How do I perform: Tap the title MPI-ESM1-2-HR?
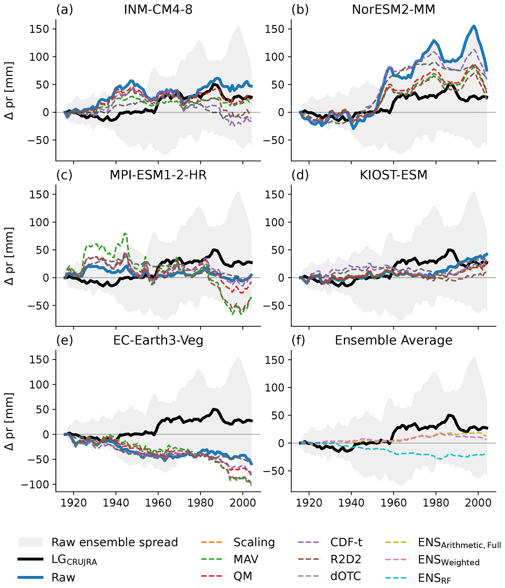click(x=158, y=175)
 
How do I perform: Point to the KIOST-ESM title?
click(x=393, y=175)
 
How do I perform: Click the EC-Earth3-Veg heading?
click(x=158, y=340)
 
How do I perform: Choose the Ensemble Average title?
click(x=393, y=340)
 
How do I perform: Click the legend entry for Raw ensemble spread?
click(x=114, y=542)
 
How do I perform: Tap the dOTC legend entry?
click(x=345, y=576)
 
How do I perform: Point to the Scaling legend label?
click(x=254, y=542)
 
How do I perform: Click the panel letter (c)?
click(x=64, y=175)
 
